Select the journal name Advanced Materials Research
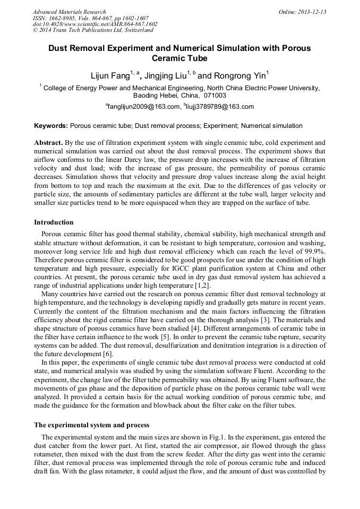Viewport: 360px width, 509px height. point(69,12)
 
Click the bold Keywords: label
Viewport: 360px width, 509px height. point(51,126)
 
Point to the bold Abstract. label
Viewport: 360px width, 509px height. point(49,143)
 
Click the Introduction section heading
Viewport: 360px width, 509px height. point(54,222)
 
